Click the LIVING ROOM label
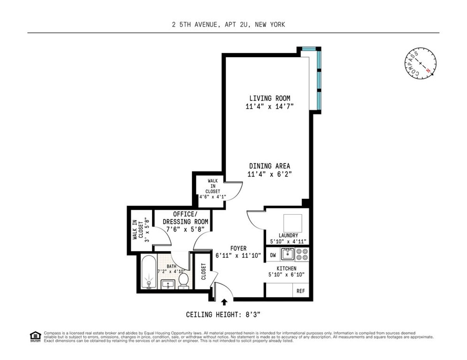coord(269,98)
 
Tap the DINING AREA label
coord(269,166)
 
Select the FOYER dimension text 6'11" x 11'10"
coord(238,255)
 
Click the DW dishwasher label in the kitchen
coord(273,255)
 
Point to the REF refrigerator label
coord(300,291)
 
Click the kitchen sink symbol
coord(287,254)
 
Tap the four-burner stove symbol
coord(302,254)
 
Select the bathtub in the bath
coord(149,272)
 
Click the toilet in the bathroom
coord(184,281)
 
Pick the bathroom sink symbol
coord(168,284)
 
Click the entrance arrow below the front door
coord(224,302)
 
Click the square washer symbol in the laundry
coord(293,224)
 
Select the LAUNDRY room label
coord(288,235)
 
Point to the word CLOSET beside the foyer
coord(204,271)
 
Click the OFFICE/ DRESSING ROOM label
coord(185,218)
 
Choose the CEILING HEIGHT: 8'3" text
coord(223,315)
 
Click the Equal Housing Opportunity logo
coord(35,337)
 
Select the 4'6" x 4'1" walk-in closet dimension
coord(212,197)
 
